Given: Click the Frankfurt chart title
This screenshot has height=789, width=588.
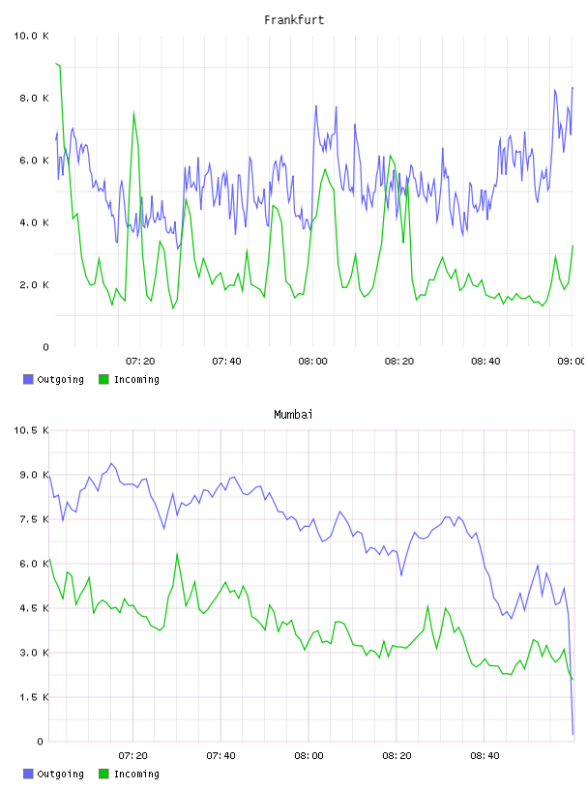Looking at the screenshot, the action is pos(294,20).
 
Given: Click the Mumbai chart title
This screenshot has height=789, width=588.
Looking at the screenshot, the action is pos(293,415).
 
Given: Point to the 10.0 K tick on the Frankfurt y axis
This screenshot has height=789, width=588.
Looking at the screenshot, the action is pos(31,36).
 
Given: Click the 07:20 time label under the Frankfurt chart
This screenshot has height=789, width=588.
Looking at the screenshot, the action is pos(140,361).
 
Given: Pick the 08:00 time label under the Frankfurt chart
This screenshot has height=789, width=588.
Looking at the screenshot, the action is pos(312,361).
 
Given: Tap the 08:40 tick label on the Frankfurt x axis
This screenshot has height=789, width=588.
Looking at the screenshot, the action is pos(485,361).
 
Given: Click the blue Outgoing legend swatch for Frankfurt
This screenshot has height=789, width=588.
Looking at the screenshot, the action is pos(28,379).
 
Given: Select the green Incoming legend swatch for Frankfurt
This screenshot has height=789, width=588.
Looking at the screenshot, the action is pos(103,379).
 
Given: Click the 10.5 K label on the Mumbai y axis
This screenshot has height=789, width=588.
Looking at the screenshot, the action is pos(31,430).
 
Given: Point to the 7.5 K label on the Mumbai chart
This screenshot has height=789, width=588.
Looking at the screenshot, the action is pos(34,519).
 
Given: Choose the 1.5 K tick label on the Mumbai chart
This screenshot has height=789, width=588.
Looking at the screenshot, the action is pos(34,697).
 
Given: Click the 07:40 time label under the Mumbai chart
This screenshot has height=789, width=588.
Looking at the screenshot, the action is pos(221,755).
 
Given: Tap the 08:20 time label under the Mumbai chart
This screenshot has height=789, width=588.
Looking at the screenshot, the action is pos(397,755).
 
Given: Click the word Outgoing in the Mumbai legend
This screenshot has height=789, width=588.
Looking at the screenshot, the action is pos(60,774).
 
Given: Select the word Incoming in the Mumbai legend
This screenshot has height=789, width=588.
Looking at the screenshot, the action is pos(136,774).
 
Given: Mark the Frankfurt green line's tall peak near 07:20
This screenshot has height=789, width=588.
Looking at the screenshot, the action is pos(133,112).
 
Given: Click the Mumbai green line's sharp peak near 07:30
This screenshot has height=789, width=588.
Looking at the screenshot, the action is pos(177,553).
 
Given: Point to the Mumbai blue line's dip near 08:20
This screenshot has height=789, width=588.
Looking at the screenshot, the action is pos(401,574).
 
